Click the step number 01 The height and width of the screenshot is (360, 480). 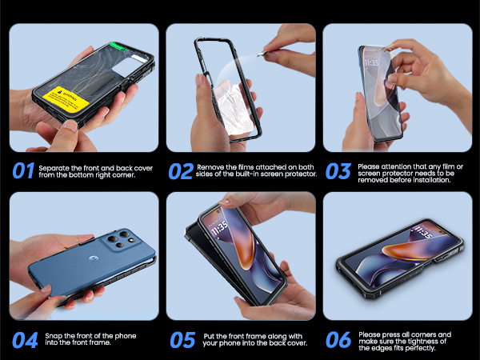click(23, 170)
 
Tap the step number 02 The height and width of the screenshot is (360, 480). click(181, 170)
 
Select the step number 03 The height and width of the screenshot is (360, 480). click(338, 170)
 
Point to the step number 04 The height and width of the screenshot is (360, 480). click(24, 339)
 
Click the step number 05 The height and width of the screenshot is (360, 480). click(181, 339)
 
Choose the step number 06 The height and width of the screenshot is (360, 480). click(338, 339)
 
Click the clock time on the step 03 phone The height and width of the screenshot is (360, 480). click(371, 62)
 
